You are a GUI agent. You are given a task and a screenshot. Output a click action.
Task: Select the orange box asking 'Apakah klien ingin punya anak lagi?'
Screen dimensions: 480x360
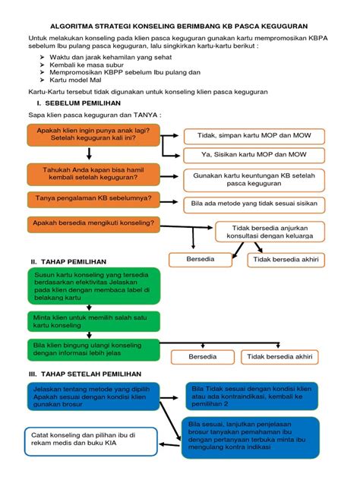[93, 136]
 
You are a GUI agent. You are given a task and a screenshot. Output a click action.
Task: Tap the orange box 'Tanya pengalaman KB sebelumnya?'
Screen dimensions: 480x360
[93, 199]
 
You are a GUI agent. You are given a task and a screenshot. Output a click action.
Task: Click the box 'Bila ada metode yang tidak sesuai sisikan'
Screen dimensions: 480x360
[254, 204]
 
